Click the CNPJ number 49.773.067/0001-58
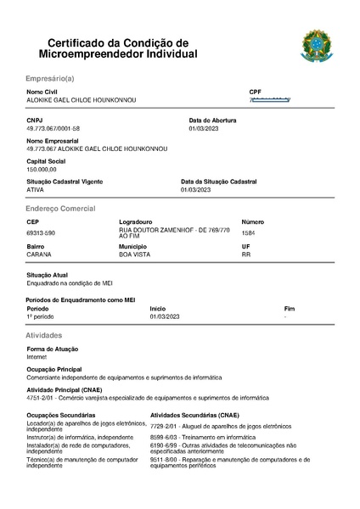pyautogui.click(x=53, y=128)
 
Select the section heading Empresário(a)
pyautogui.click(x=50, y=77)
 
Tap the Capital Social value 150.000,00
pyautogui.click(x=42, y=169)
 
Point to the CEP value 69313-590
pyautogui.click(x=41, y=232)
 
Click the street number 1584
pyautogui.click(x=248, y=232)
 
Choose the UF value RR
pyautogui.click(x=246, y=254)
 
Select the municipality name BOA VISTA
pyautogui.click(x=135, y=254)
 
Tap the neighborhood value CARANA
pyautogui.click(x=39, y=254)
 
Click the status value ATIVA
pyautogui.click(x=36, y=189)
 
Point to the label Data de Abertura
pyautogui.click(x=212, y=120)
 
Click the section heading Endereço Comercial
pyautogui.click(x=60, y=208)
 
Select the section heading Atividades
pyautogui.click(x=44, y=336)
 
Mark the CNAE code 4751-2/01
pyautogui.click(x=41, y=397)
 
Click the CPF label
pyautogui.click(x=255, y=91)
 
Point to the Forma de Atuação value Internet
pyautogui.click(x=37, y=357)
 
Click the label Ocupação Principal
pyautogui.click(x=54, y=369)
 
